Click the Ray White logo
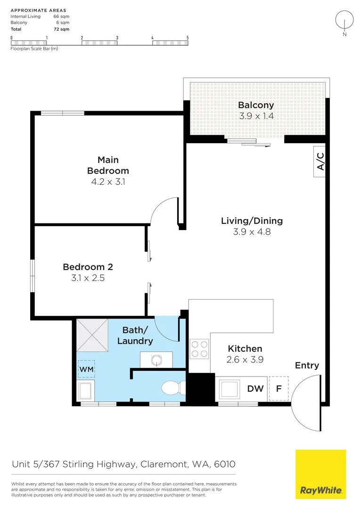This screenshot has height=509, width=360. click(x=321, y=474)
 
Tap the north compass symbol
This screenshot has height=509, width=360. click(x=344, y=23)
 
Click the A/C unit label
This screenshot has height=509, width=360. click(x=320, y=161)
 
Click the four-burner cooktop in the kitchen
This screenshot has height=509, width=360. click(x=199, y=349)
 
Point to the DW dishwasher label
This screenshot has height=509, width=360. click(x=255, y=388)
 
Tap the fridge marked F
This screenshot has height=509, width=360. click(x=278, y=388)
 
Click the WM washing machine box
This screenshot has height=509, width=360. click(x=86, y=369)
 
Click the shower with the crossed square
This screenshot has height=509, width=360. click(x=92, y=336)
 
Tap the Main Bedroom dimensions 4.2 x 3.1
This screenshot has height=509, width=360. click(x=108, y=182)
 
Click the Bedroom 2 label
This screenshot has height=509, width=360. click(x=88, y=267)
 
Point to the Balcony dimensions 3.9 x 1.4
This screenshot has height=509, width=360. click(x=256, y=116)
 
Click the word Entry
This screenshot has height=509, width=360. click(x=307, y=366)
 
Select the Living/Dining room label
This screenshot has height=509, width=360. click(x=252, y=221)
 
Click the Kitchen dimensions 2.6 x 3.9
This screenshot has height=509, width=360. click(x=245, y=360)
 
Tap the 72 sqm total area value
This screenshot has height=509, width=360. click(x=62, y=29)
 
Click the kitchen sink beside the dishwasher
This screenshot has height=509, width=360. click(x=230, y=389)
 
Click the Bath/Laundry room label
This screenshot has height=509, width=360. click(x=135, y=336)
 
